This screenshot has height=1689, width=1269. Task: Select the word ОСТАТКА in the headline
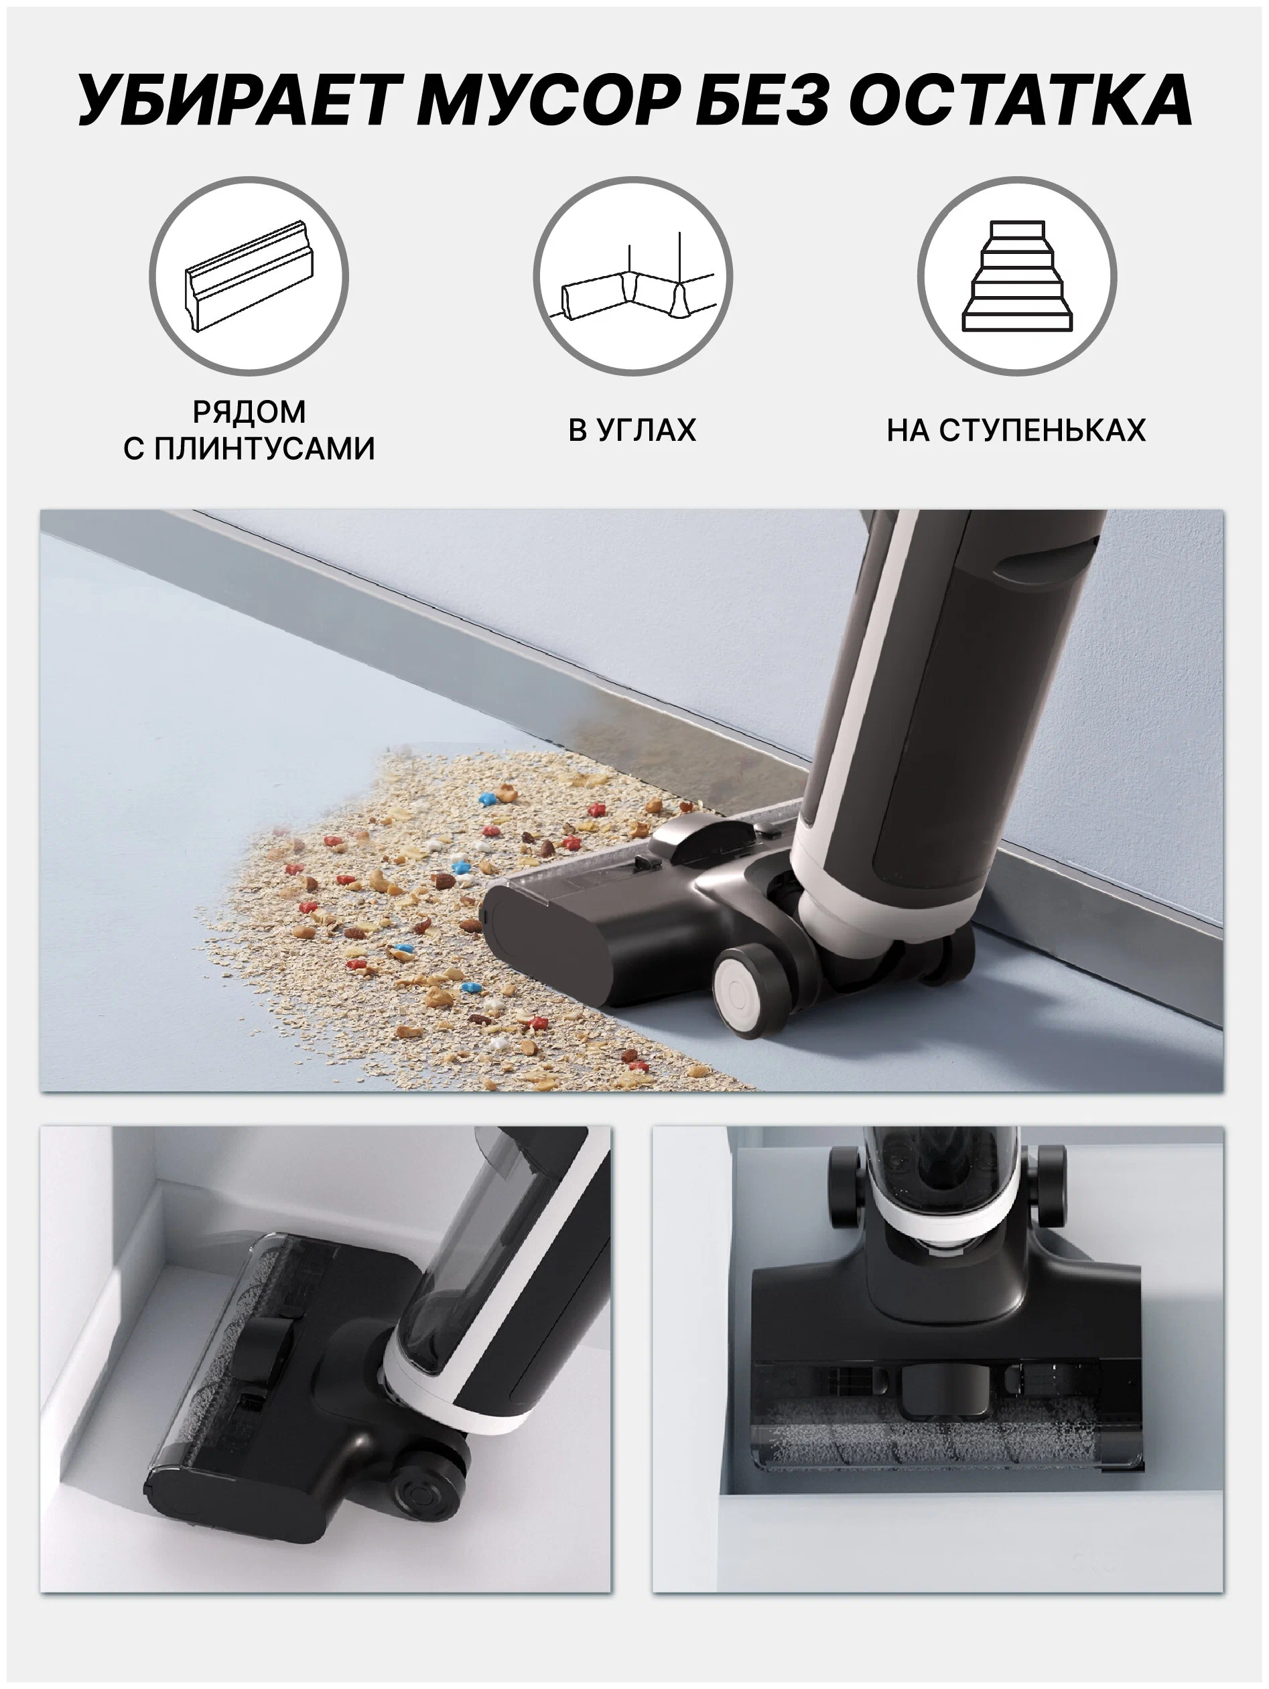tap(1021, 100)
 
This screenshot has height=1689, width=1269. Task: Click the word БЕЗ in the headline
tap(761, 100)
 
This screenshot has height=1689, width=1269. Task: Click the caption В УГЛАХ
tap(632, 430)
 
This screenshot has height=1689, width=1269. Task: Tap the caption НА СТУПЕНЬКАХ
tap(1016, 430)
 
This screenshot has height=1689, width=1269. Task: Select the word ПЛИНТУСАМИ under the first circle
tap(265, 448)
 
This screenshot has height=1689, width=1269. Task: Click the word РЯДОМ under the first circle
tap(249, 411)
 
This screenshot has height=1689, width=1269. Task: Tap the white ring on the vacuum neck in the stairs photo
tap(945, 1219)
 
